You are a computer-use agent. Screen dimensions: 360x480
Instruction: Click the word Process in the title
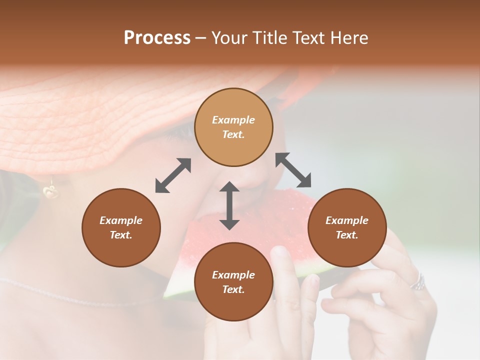(157, 38)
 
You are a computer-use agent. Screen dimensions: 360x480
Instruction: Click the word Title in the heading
(267, 38)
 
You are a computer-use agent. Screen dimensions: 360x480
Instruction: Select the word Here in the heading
(348, 38)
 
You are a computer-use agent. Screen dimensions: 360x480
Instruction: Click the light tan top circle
(233, 127)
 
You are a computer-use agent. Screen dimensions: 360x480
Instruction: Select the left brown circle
(121, 227)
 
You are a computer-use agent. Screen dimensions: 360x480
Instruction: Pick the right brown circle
(346, 227)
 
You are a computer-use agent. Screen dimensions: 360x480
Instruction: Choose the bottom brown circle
(233, 282)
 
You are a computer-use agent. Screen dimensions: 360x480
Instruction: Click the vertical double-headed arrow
(229, 205)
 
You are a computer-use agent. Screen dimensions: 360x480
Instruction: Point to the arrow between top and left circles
(173, 175)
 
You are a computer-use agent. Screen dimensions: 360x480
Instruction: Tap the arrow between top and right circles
(293, 170)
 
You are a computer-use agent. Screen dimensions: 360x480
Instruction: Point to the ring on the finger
(418, 282)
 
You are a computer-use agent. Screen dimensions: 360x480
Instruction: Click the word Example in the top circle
(233, 120)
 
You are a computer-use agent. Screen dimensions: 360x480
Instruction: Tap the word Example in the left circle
(121, 220)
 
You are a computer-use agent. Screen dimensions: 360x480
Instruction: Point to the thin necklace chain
(75, 295)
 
